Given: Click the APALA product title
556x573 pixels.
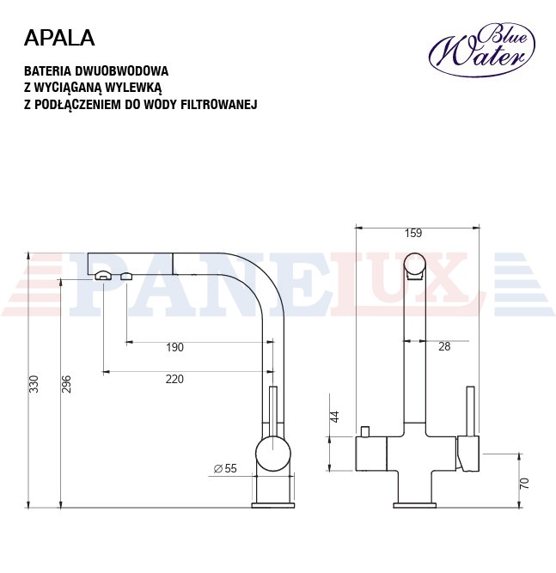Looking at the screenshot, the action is click(59, 38).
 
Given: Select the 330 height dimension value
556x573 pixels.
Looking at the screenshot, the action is click(34, 384).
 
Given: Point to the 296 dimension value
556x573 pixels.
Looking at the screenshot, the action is click(66, 384).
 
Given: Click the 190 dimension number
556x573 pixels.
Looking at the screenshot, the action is click(174, 347).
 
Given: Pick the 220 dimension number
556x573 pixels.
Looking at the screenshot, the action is click(174, 379).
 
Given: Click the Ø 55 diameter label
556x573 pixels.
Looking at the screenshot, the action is click(225, 468).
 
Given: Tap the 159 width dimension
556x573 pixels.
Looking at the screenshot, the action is click(413, 233).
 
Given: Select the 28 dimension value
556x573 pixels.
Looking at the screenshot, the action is click(444, 346).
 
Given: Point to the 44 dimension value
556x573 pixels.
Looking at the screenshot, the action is click(335, 417).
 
